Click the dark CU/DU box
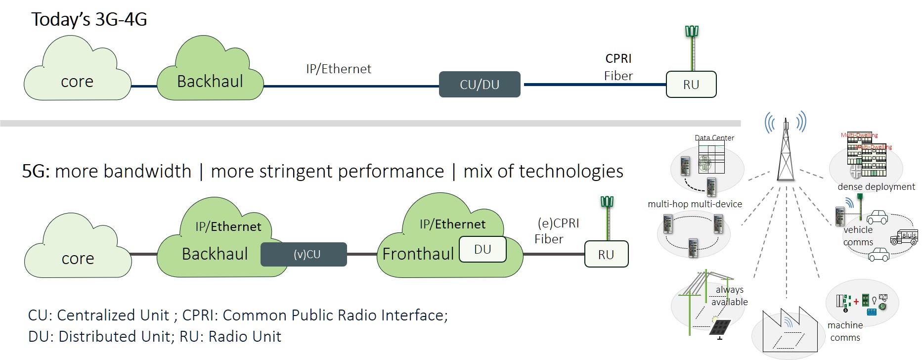click(x=479, y=85)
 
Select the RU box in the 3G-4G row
click(x=691, y=85)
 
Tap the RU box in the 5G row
click(x=606, y=254)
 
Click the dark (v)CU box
click(x=304, y=254)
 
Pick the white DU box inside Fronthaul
click(x=482, y=249)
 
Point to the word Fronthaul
click(x=418, y=254)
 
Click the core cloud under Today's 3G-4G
click(x=77, y=74)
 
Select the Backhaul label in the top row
click(x=210, y=81)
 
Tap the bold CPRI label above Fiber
click(x=618, y=58)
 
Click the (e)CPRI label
click(x=558, y=223)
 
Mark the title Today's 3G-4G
click(x=89, y=19)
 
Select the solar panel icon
click(x=720, y=327)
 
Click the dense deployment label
click(x=876, y=186)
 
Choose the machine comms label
click(x=845, y=331)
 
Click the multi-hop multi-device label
click(x=695, y=204)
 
